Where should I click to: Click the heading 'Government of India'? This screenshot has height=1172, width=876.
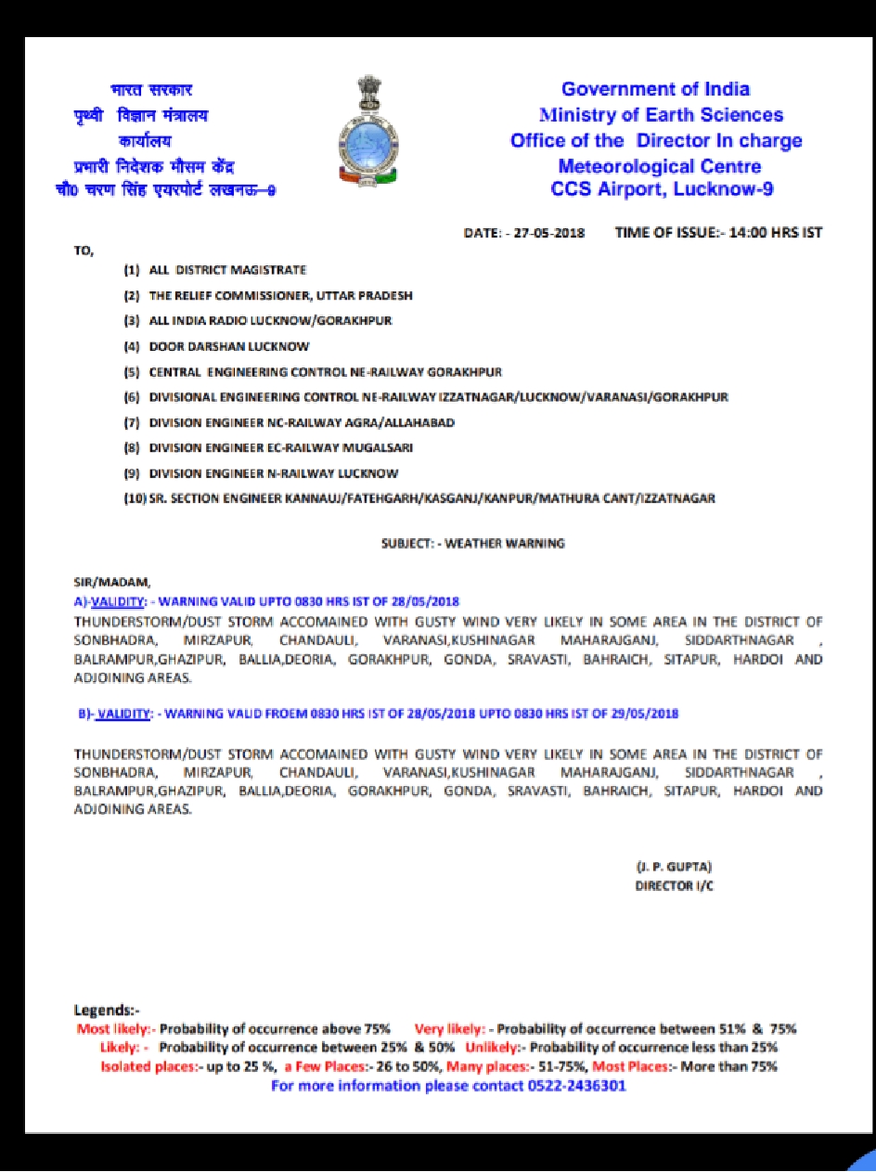tap(655, 89)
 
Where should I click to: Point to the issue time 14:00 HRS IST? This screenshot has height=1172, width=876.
tap(776, 232)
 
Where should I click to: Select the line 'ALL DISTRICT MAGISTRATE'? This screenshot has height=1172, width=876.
tap(227, 270)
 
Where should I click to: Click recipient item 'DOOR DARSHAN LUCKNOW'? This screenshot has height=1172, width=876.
tap(229, 346)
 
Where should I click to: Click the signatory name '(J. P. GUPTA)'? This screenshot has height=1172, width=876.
tap(674, 867)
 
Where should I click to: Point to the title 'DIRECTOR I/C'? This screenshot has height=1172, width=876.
tap(674, 886)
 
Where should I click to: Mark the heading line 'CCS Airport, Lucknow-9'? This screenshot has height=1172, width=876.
tap(662, 190)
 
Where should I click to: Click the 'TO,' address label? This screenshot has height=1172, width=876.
tap(84, 251)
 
